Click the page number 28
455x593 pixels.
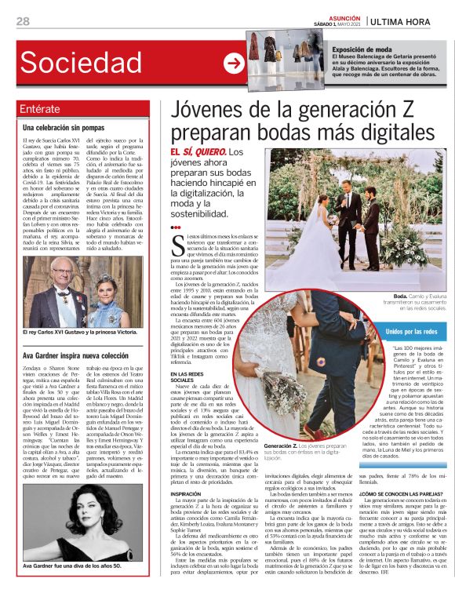click(x=23, y=20)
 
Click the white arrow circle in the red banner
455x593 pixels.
click(x=232, y=63)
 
